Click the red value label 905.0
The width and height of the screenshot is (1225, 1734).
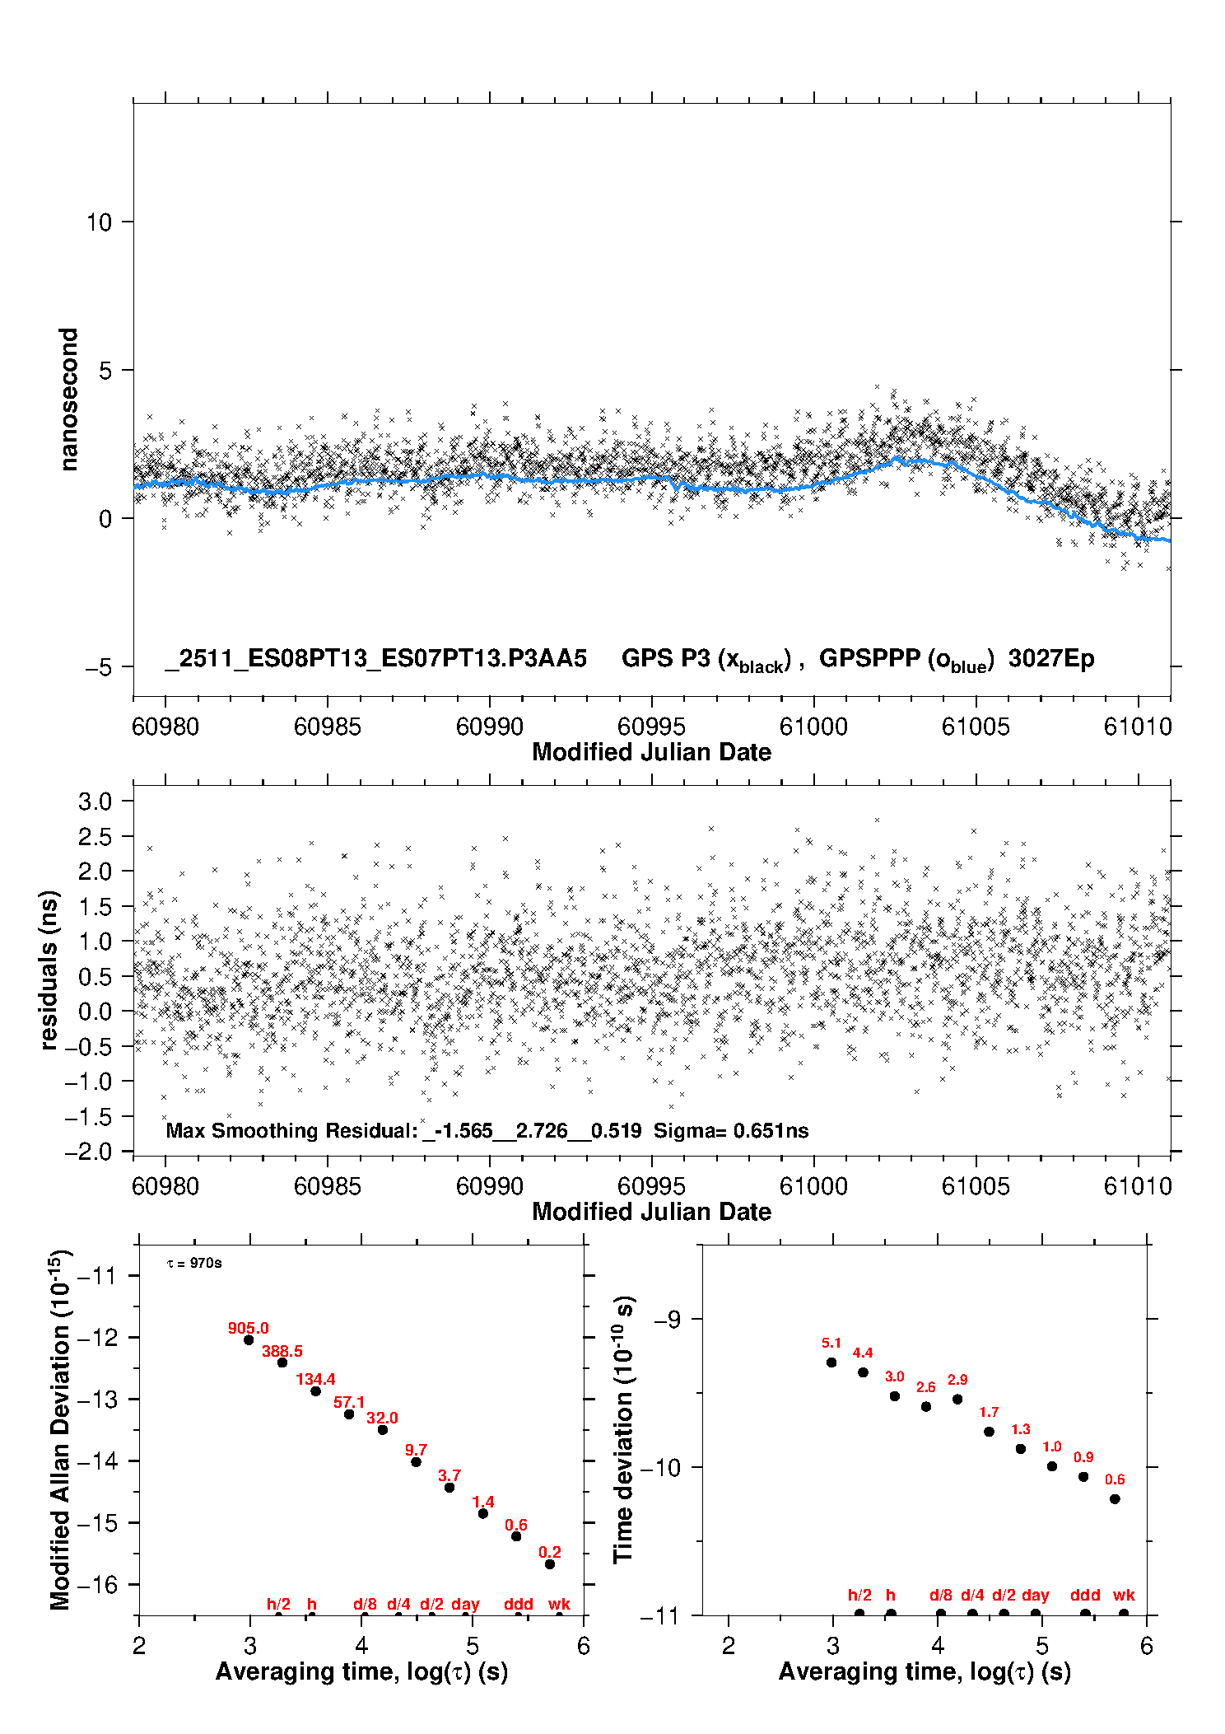coord(248,1328)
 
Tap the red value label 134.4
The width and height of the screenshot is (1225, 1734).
coord(315,1379)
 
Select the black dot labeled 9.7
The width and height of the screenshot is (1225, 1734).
coord(416,1462)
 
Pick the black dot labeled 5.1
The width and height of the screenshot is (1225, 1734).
coord(831,1362)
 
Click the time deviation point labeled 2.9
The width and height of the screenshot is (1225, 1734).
coord(957,1400)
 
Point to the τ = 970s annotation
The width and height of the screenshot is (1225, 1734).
coord(194,1264)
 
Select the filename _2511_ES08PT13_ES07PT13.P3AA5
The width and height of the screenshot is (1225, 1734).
coord(375,659)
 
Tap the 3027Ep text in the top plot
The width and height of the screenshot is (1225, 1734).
coord(1051,659)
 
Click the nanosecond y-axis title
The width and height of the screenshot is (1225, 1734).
coord(69,400)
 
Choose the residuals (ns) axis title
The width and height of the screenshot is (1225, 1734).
coord(49,970)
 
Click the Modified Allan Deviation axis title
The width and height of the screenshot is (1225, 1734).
coord(60,1430)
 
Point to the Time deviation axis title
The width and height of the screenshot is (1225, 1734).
coord(623,1430)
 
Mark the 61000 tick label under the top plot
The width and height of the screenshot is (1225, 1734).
coord(813,727)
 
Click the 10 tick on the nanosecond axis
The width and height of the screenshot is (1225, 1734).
coord(99,222)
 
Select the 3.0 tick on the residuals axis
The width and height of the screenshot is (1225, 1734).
coord(95,802)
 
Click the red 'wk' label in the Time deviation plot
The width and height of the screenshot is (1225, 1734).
coord(1124,1596)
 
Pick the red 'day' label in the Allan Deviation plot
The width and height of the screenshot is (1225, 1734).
coord(465,1605)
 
